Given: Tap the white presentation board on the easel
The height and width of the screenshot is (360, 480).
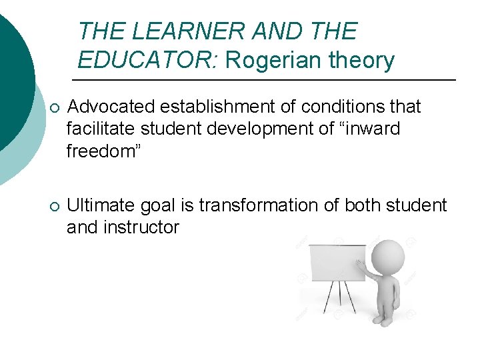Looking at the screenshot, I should (x=337, y=263).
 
